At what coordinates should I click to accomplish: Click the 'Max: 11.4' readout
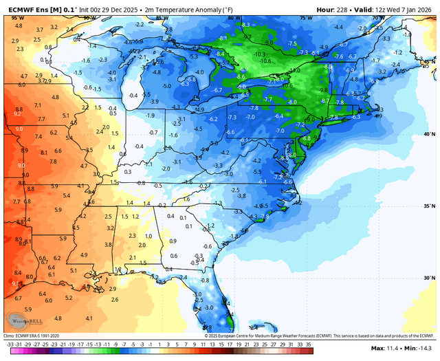pos(386,349)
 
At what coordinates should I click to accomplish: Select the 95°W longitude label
pos(14,18)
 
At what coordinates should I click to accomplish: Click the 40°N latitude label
pos(429,134)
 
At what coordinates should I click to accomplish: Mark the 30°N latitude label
pos(429,278)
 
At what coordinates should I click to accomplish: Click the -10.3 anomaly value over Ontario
pos(258,54)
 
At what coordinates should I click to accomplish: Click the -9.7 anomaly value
pos(247,36)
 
